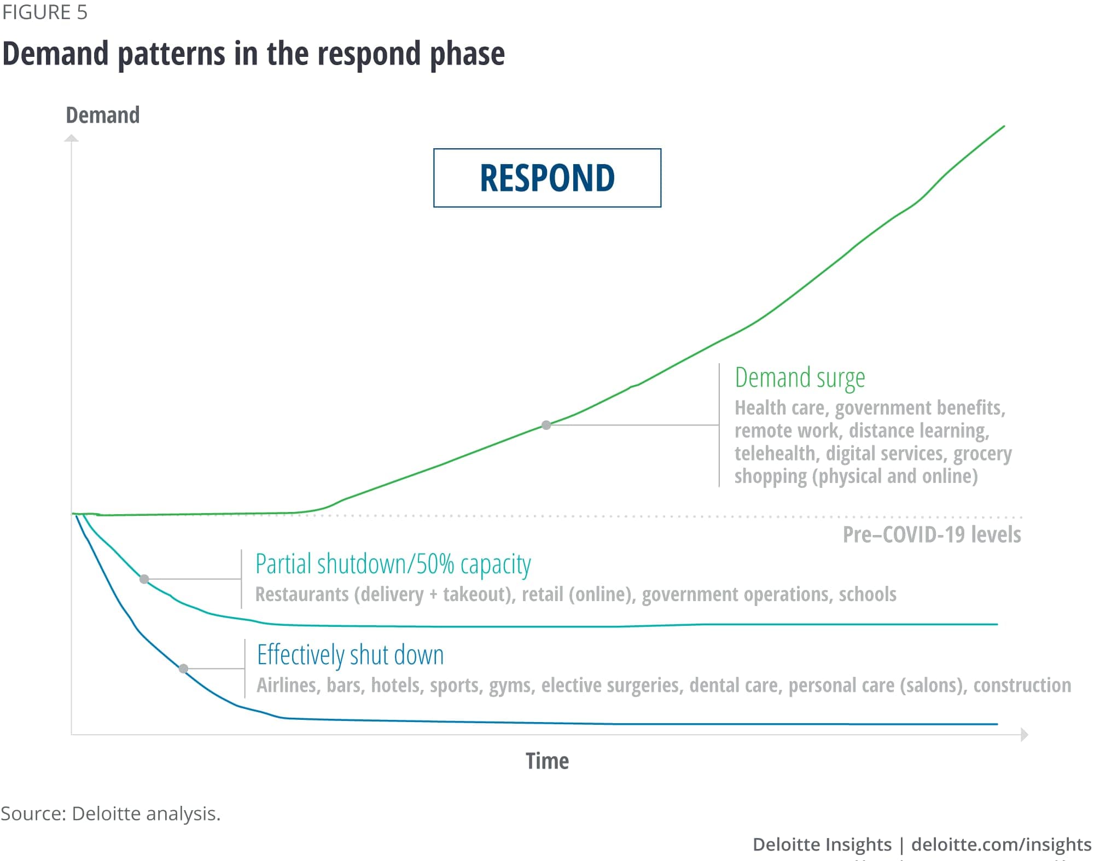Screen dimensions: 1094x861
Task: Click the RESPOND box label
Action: pyautogui.click(x=547, y=178)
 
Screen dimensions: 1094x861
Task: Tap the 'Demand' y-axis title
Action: pyautogui.click(x=103, y=115)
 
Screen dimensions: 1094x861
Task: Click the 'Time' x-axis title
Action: pyautogui.click(x=547, y=761)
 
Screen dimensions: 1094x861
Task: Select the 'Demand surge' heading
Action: pyautogui.click(x=800, y=378)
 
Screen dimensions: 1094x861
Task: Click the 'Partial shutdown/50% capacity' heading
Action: pyautogui.click(x=393, y=565)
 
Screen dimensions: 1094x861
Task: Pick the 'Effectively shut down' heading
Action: pyautogui.click(x=350, y=655)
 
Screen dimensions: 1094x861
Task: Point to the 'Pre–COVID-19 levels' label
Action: pyautogui.click(x=932, y=534)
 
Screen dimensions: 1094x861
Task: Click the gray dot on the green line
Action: pyautogui.click(x=546, y=425)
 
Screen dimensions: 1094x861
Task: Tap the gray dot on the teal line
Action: pyautogui.click(x=144, y=579)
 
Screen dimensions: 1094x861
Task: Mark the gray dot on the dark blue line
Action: pyautogui.click(x=184, y=668)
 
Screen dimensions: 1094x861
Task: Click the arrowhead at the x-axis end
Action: pyautogui.click(x=1025, y=735)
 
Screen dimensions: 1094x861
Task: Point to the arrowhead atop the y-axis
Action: pyautogui.click(x=72, y=138)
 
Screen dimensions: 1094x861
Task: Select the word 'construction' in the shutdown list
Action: pyautogui.click(x=1022, y=685)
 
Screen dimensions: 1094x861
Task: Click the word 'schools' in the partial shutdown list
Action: pyautogui.click(x=868, y=594)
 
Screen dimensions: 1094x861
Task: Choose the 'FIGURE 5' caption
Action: pyautogui.click(x=44, y=12)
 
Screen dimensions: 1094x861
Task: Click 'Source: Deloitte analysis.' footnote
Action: pyautogui.click(x=110, y=813)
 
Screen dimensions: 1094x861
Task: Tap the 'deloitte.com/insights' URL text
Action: pyautogui.click(x=1001, y=845)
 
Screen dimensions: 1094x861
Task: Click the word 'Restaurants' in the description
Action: pyautogui.click(x=302, y=594)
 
